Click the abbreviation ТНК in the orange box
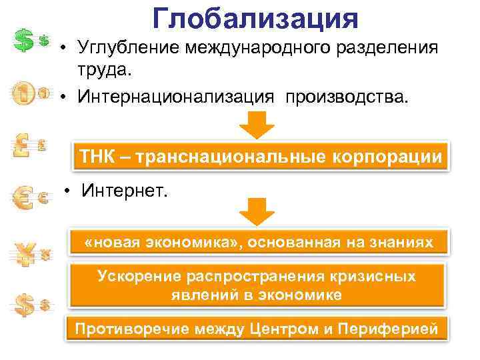click(101, 157)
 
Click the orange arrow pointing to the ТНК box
click(256, 125)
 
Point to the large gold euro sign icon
click(23, 197)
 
